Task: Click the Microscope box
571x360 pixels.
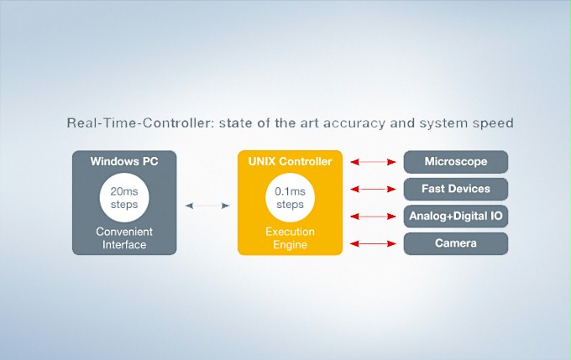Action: (x=456, y=162)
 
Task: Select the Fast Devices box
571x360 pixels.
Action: (x=456, y=189)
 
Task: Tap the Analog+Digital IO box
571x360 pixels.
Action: (x=456, y=217)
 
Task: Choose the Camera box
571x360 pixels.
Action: (x=456, y=243)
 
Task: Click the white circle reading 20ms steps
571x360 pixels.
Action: (x=124, y=198)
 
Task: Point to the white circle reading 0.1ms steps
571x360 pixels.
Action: (x=290, y=198)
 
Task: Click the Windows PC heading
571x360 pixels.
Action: (x=124, y=161)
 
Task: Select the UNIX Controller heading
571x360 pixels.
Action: (x=290, y=161)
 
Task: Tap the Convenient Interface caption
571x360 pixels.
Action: (x=124, y=238)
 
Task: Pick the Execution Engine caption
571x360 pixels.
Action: (x=290, y=238)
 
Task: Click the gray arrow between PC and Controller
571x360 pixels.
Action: (x=207, y=206)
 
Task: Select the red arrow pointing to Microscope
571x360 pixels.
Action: (x=373, y=162)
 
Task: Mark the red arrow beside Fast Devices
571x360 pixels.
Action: (x=373, y=190)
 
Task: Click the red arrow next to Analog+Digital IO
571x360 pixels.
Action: (x=373, y=217)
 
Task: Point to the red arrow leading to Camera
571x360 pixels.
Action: (x=373, y=244)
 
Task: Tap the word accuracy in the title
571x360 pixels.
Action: (x=354, y=123)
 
